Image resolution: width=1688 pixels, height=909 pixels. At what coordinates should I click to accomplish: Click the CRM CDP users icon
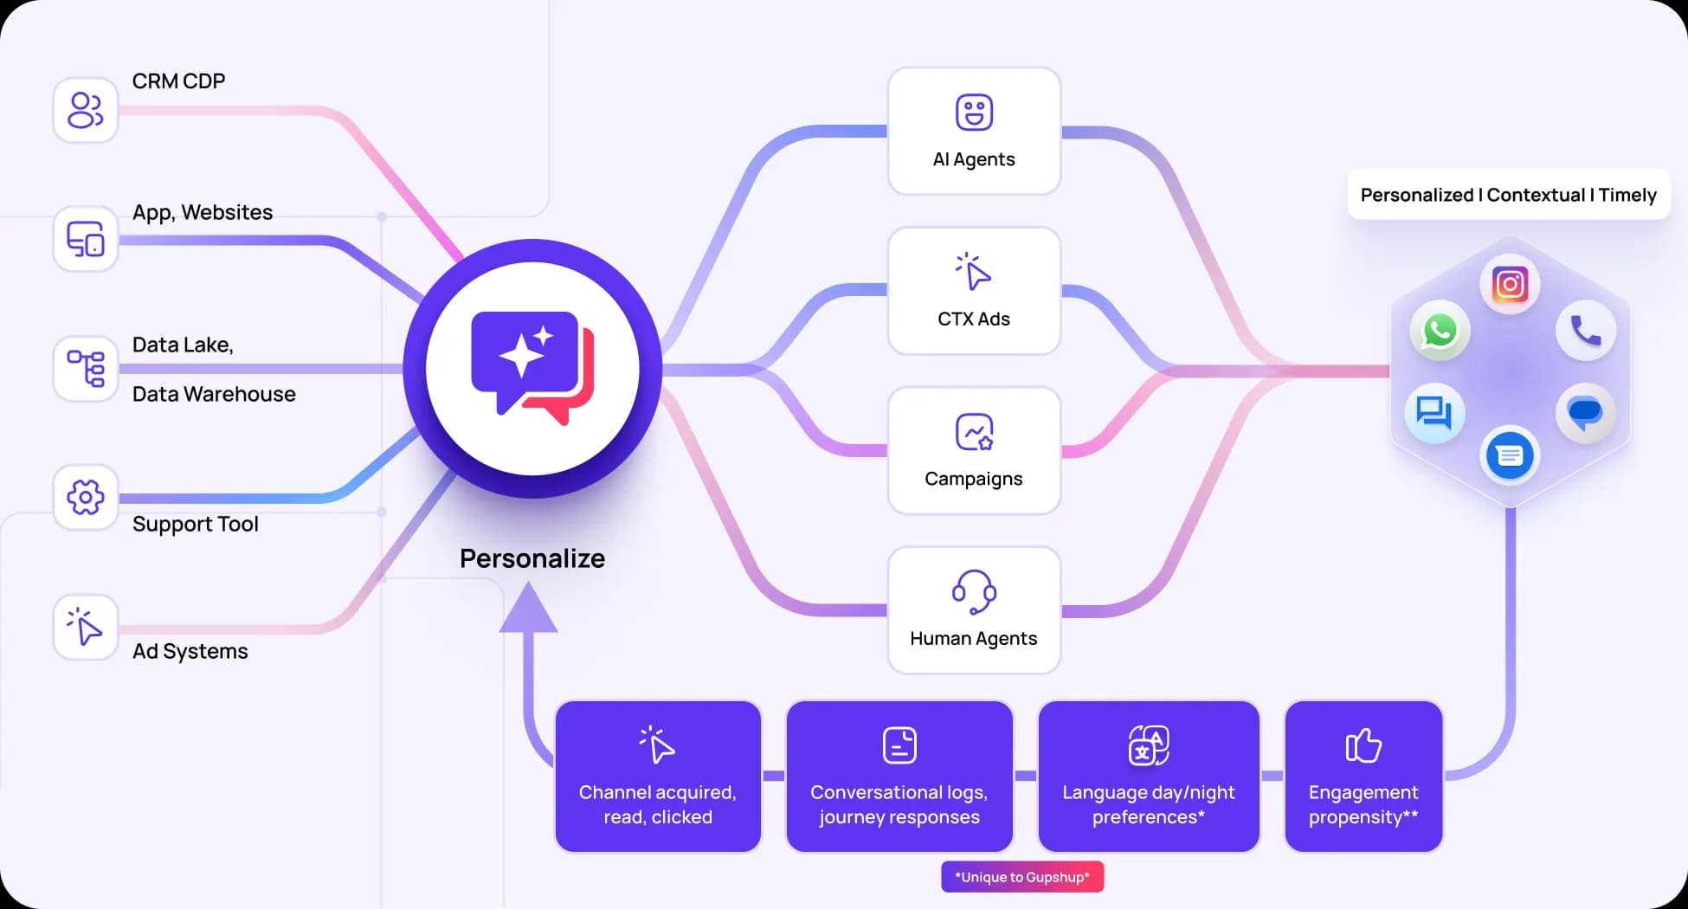(86, 110)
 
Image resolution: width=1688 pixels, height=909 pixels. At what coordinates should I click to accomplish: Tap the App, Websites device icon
(86, 239)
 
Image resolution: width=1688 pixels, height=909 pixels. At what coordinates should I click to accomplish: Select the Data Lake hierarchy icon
(86, 369)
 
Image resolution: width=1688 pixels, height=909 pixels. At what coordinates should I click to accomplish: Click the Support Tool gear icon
(86, 498)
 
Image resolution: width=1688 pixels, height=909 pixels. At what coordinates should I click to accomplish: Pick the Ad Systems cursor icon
(86, 627)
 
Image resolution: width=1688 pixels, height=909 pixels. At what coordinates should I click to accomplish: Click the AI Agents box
(974, 131)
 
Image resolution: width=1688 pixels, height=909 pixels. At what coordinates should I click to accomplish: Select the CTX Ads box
(974, 291)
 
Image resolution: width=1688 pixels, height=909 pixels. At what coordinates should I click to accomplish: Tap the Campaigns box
(974, 450)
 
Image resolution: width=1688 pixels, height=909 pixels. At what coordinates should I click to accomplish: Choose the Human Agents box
(974, 610)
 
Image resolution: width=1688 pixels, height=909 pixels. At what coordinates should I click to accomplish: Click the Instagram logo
(1510, 284)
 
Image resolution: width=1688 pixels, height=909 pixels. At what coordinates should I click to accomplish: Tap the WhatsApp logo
(1440, 331)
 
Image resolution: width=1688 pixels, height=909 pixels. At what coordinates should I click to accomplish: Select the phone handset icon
(1585, 331)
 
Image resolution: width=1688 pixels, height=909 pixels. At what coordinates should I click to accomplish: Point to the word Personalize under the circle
(532, 558)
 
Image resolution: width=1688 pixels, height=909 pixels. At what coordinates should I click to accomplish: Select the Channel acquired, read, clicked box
(658, 777)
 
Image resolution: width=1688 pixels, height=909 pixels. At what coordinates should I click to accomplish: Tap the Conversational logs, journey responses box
(899, 777)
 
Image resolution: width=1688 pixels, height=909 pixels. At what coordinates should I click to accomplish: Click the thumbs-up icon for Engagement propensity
(1363, 745)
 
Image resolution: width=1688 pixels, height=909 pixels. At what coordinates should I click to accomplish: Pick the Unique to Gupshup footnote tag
(1022, 877)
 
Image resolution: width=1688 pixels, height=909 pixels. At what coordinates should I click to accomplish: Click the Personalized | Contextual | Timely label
(1509, 195)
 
